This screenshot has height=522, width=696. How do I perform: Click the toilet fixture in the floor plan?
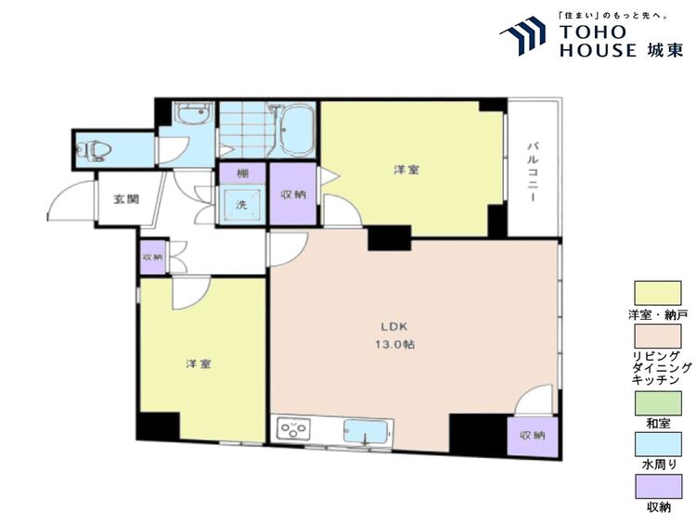click(93, 151)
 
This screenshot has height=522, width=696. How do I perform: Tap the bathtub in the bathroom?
click(298, 130)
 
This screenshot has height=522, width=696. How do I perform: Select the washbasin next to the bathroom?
click(192, 115)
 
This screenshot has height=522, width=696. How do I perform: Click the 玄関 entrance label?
click(126, 199)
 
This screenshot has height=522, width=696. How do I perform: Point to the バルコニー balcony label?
click(532, 172)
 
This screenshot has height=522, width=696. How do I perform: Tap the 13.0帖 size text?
click(394, 345)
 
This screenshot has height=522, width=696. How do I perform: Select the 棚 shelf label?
click(242, 174)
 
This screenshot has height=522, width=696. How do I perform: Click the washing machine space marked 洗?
click(241, 205)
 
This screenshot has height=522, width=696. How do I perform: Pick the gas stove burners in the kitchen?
click(292, 429)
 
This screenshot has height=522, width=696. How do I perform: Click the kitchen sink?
click(366, 431)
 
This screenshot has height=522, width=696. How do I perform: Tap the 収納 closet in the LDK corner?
click(533, 437)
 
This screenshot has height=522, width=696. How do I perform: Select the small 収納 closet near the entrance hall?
click(153, 257)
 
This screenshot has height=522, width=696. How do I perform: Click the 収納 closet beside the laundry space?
click(293, 195)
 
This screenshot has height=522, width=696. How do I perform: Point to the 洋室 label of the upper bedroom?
click(406, 170)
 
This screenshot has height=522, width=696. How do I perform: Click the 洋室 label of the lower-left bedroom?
click(198, 364)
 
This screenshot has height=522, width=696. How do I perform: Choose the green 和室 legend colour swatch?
click(658, 403)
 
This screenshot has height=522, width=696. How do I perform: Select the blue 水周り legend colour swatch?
click(658, 444)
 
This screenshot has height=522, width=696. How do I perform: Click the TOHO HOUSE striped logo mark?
click(523, 35)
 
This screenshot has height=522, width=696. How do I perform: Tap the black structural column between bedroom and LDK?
click(389, 238)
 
